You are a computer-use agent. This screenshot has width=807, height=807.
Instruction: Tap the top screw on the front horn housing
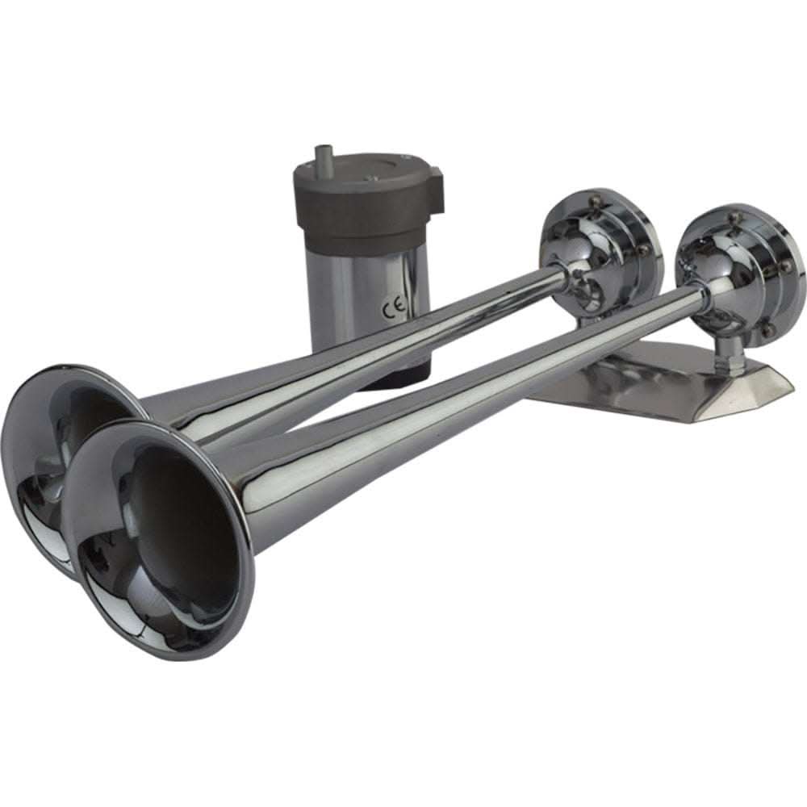point(734,217)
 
